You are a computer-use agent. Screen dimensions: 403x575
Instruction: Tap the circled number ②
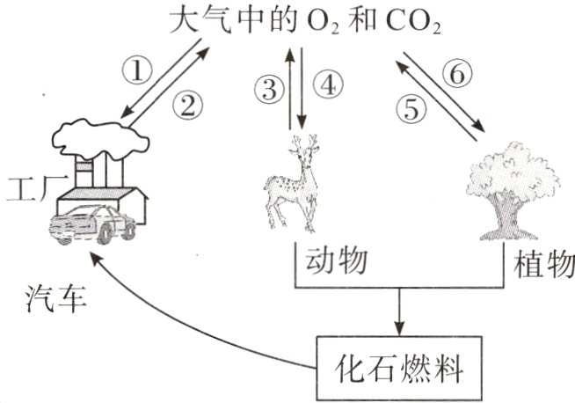pos(187,106)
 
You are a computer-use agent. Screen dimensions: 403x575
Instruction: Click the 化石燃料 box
pos(401,362)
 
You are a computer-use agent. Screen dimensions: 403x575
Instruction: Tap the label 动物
pos(334,261)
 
